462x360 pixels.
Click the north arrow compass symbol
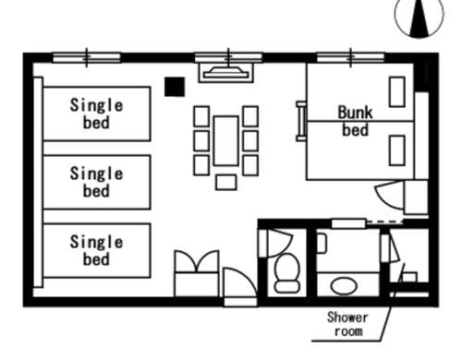coord(419,17)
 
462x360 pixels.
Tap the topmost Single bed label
coord(96,114)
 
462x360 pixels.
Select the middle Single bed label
coord(96,182)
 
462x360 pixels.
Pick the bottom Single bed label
coord(96,250)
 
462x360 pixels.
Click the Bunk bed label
coord(356,121)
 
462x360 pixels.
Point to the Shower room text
coord(347,324)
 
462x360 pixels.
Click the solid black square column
coord(175,87)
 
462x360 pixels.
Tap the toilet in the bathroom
coord(287,273)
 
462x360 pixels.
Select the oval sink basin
coord(344,286)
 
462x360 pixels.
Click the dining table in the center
coord(226,140)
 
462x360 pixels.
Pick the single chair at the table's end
coord(226,182)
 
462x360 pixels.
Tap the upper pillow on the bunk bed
coord(397,92)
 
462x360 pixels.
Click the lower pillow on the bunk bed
coord(397,150)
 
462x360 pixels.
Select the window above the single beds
coord(87,57)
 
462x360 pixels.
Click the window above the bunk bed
coord(350,57)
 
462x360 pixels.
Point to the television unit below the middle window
coord(226,73)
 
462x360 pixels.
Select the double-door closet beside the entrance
coord(197,273)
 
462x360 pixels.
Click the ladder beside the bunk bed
coord(301,121)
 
